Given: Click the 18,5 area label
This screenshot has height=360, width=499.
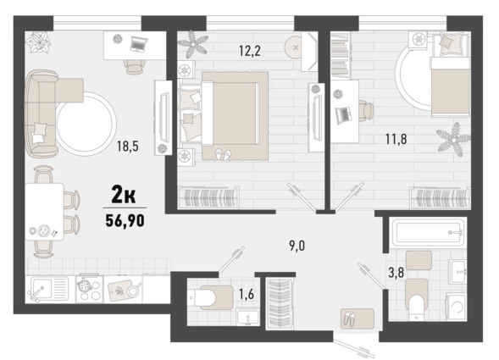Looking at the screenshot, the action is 128,147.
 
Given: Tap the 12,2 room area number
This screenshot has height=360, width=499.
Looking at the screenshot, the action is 250,51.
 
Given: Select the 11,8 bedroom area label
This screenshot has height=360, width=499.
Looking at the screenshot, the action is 396,139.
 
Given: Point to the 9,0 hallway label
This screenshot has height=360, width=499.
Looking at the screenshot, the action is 297,246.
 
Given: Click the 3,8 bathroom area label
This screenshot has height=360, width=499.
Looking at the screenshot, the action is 396,273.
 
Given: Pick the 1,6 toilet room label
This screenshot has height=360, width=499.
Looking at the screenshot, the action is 247,295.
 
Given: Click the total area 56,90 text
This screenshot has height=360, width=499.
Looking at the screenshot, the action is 125,220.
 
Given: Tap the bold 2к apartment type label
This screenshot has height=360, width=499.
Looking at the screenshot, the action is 124,195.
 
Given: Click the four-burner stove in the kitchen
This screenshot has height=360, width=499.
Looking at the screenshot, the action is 90,288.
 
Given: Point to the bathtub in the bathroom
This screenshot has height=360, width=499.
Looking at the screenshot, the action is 427,232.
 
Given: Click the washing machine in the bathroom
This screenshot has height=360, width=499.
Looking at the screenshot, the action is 456,307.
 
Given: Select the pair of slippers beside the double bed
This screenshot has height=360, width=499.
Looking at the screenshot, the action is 223,155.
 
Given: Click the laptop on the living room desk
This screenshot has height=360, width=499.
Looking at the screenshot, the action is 139,44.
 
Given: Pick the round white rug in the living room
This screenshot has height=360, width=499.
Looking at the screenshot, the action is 86,124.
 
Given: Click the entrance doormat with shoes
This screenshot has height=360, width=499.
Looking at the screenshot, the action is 357,318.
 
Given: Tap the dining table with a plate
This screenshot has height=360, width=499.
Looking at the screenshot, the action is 44,212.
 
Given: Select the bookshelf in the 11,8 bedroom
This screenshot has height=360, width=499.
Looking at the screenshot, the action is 341,55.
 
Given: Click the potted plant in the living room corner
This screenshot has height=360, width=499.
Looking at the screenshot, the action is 38,42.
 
